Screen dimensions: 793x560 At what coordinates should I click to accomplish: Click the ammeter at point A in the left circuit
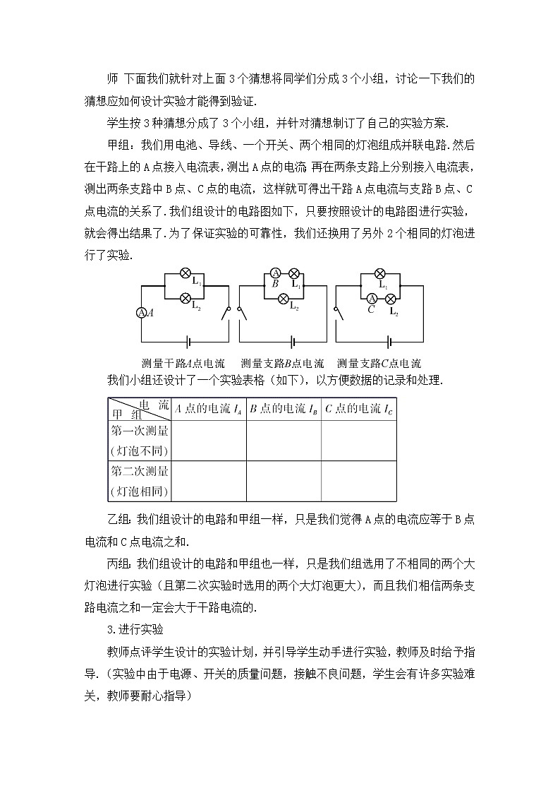[x=141, y=313]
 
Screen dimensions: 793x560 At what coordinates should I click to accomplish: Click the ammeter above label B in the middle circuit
[x=277, y=274]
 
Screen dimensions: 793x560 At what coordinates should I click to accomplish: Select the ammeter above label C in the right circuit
[x=372, y=299]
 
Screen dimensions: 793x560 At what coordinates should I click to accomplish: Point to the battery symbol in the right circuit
[x=389, y=342]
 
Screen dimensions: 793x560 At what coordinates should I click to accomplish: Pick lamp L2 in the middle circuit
[x=284, y=299]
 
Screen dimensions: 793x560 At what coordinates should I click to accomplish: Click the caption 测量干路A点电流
[x=183, y=364]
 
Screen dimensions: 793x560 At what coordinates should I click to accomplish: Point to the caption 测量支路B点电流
[x=282, y=364]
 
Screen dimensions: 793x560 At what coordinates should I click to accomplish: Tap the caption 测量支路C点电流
[x=379, y=364]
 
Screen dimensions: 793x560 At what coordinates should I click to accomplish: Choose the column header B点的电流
[x=284, y=409]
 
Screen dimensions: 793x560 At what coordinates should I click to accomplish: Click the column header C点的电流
[x=358, y=409]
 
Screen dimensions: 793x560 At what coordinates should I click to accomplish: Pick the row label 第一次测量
[x=139, y=431]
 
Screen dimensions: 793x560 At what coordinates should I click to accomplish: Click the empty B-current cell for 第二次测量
[x=284, y=481]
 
